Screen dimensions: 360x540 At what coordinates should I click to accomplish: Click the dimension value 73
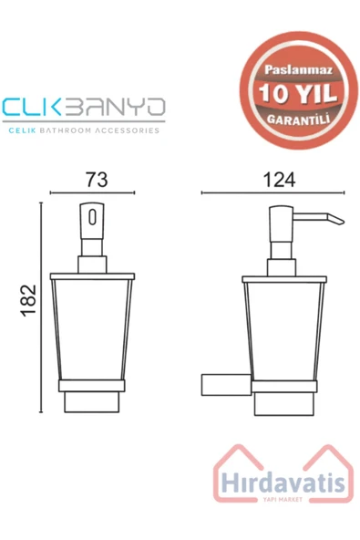point(97,180)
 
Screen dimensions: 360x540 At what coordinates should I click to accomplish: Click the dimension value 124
point(279,180)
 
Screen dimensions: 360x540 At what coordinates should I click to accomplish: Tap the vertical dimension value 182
point(28,300)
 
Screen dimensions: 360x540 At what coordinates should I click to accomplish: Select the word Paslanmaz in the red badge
point(298,70)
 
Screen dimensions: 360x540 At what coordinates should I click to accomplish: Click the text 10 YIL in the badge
point(298,93)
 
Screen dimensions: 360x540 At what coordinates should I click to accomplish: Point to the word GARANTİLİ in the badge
point(298,119)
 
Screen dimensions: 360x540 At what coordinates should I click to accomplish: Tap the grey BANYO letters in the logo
point(115,107)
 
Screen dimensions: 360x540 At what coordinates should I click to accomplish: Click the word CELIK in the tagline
point(22,130)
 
